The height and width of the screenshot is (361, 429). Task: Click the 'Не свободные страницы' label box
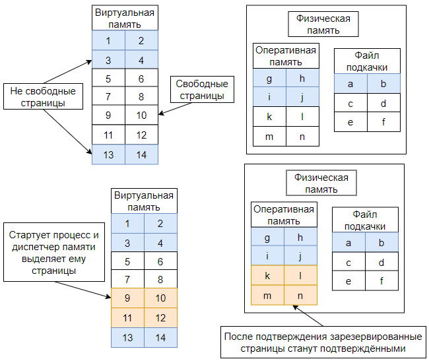[43, 96]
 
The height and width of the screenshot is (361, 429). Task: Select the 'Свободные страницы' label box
[202, 90]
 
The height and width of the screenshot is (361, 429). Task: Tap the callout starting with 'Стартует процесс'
[54, 252]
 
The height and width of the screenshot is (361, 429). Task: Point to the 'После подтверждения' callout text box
[323, 342]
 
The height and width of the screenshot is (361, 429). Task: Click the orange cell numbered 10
[160, 298]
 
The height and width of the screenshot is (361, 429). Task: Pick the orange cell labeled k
[267, 275]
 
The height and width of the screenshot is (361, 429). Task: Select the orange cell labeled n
[300, 295]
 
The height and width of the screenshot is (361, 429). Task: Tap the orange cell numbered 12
[160, 318]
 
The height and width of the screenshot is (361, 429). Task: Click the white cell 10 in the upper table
[141, 115]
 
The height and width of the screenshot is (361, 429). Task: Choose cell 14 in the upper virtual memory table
[141, 154]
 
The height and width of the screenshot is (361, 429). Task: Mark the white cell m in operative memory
[269, 136]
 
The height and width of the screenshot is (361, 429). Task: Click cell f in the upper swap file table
[383, 121]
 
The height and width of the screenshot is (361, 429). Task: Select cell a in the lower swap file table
[348, 242]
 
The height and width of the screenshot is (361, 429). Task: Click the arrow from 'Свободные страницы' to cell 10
[175, 109]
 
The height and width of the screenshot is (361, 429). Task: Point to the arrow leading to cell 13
[67, 132]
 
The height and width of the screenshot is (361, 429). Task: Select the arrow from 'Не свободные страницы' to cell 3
[68, 72]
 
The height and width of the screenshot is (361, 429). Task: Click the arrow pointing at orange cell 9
[82, 290]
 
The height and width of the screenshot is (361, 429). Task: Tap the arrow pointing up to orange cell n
[308, 315]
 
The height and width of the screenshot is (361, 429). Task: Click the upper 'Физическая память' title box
[323, 24]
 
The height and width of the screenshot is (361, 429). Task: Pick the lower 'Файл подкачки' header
[365, 220]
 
